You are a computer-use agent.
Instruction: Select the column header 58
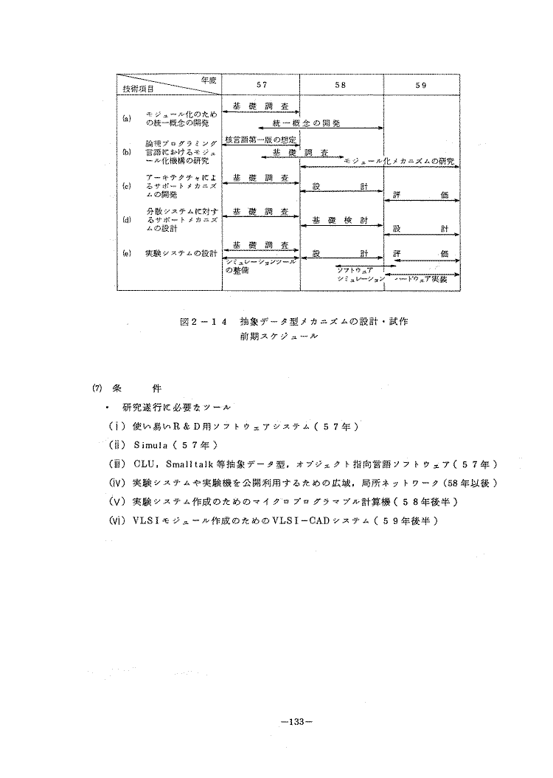click(x=340, y=86)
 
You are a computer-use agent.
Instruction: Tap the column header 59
click(x=421, y=86)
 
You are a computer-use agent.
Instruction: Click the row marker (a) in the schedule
click(x=126, y=118)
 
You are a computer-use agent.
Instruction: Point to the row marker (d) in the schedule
click(x=126, y=219)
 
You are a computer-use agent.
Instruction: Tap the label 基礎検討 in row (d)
click(x=334, y=219)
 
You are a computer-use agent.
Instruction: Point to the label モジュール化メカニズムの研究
click(x=399, y=160)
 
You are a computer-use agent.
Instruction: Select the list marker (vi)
click(x=116, y=520)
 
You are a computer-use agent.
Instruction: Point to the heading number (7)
click(x=96, y=388)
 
